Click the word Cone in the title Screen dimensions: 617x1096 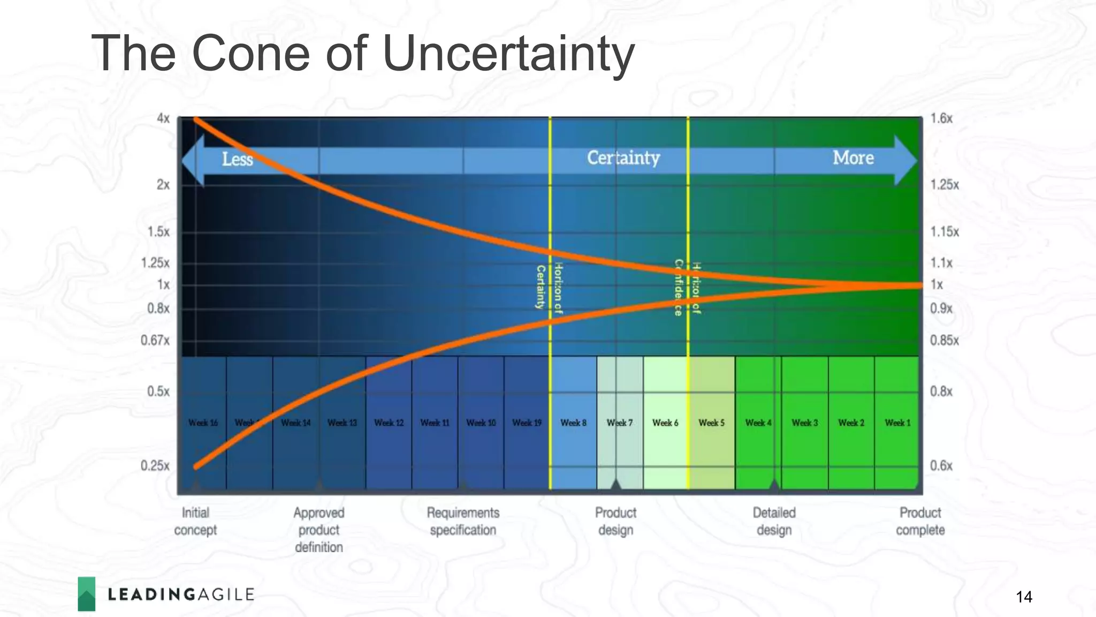point(250,53)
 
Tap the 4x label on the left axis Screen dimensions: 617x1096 point(163,118)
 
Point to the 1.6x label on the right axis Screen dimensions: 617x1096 point(941,118)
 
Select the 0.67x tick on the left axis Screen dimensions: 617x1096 point(155,341)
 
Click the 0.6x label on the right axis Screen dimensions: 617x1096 point(941,465)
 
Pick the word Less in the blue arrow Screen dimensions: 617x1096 point(237,159)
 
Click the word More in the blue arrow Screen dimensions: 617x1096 point(853,158)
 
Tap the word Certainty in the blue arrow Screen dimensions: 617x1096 point(623,158)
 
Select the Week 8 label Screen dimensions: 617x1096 point(573,423)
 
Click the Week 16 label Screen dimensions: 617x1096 point(203,423)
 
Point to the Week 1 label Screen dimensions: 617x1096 point(897,423)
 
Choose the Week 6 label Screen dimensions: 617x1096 point(665,423)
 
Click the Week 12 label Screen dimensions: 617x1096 point(389,423)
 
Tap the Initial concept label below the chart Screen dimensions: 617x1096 point(195,521)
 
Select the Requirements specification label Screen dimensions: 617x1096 point(463,521)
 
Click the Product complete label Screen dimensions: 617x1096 point(920,521)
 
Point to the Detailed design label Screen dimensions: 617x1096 point(774,521)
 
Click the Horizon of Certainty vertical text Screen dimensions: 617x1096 point(549,288)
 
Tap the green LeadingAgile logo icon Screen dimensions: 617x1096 point(87,593)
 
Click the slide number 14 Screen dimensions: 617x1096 point(1024,597)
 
